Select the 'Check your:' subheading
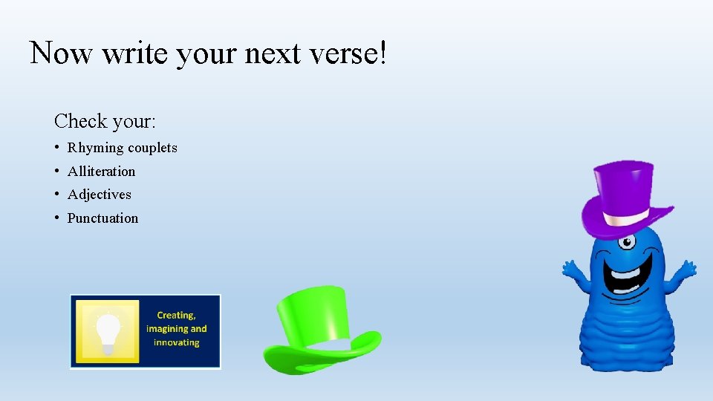pos(104,120)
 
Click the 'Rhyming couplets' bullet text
pos(123,148)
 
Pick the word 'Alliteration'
pos(102,172)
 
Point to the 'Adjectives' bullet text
pos(100,195)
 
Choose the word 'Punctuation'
pos(103,218)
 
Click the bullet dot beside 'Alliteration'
pos(57,172)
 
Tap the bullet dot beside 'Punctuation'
pos(57,218)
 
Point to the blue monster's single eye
pos(628,241)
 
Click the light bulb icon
pos(108,328)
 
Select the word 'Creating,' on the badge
pos(177,315)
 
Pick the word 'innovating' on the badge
pos(177,342)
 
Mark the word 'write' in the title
pos(136,53)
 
